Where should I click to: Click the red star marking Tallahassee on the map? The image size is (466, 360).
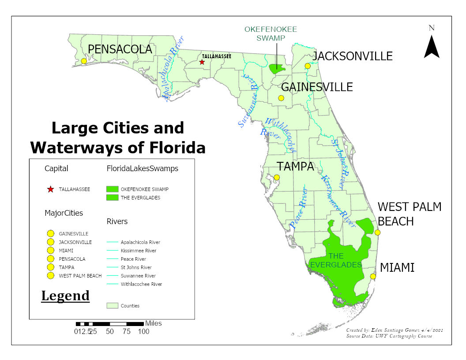(202, 62)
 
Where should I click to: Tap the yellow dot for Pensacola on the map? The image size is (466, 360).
(84, 61)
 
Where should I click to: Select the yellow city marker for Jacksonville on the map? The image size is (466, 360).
(308, 66)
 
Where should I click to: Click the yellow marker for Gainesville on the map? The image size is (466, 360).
(281, 98)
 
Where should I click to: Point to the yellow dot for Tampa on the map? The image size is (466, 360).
(277, 177)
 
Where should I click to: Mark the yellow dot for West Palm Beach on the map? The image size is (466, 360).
(377, 232)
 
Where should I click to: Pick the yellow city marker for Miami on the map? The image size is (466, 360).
(373, 277)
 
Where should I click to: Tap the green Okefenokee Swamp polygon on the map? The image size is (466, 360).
(277, 69)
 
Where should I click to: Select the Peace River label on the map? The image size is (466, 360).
(299, 208)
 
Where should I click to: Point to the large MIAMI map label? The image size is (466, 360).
(397, 267)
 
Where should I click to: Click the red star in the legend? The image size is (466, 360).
(50, 189)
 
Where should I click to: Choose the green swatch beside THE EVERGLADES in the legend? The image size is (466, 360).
(113, 198)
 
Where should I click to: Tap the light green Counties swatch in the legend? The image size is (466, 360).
(113, 305)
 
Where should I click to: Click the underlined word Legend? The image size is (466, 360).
(65, 296)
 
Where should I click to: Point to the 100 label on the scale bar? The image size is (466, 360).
(143, 332)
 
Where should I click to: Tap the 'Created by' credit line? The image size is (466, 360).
(395, 330)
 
